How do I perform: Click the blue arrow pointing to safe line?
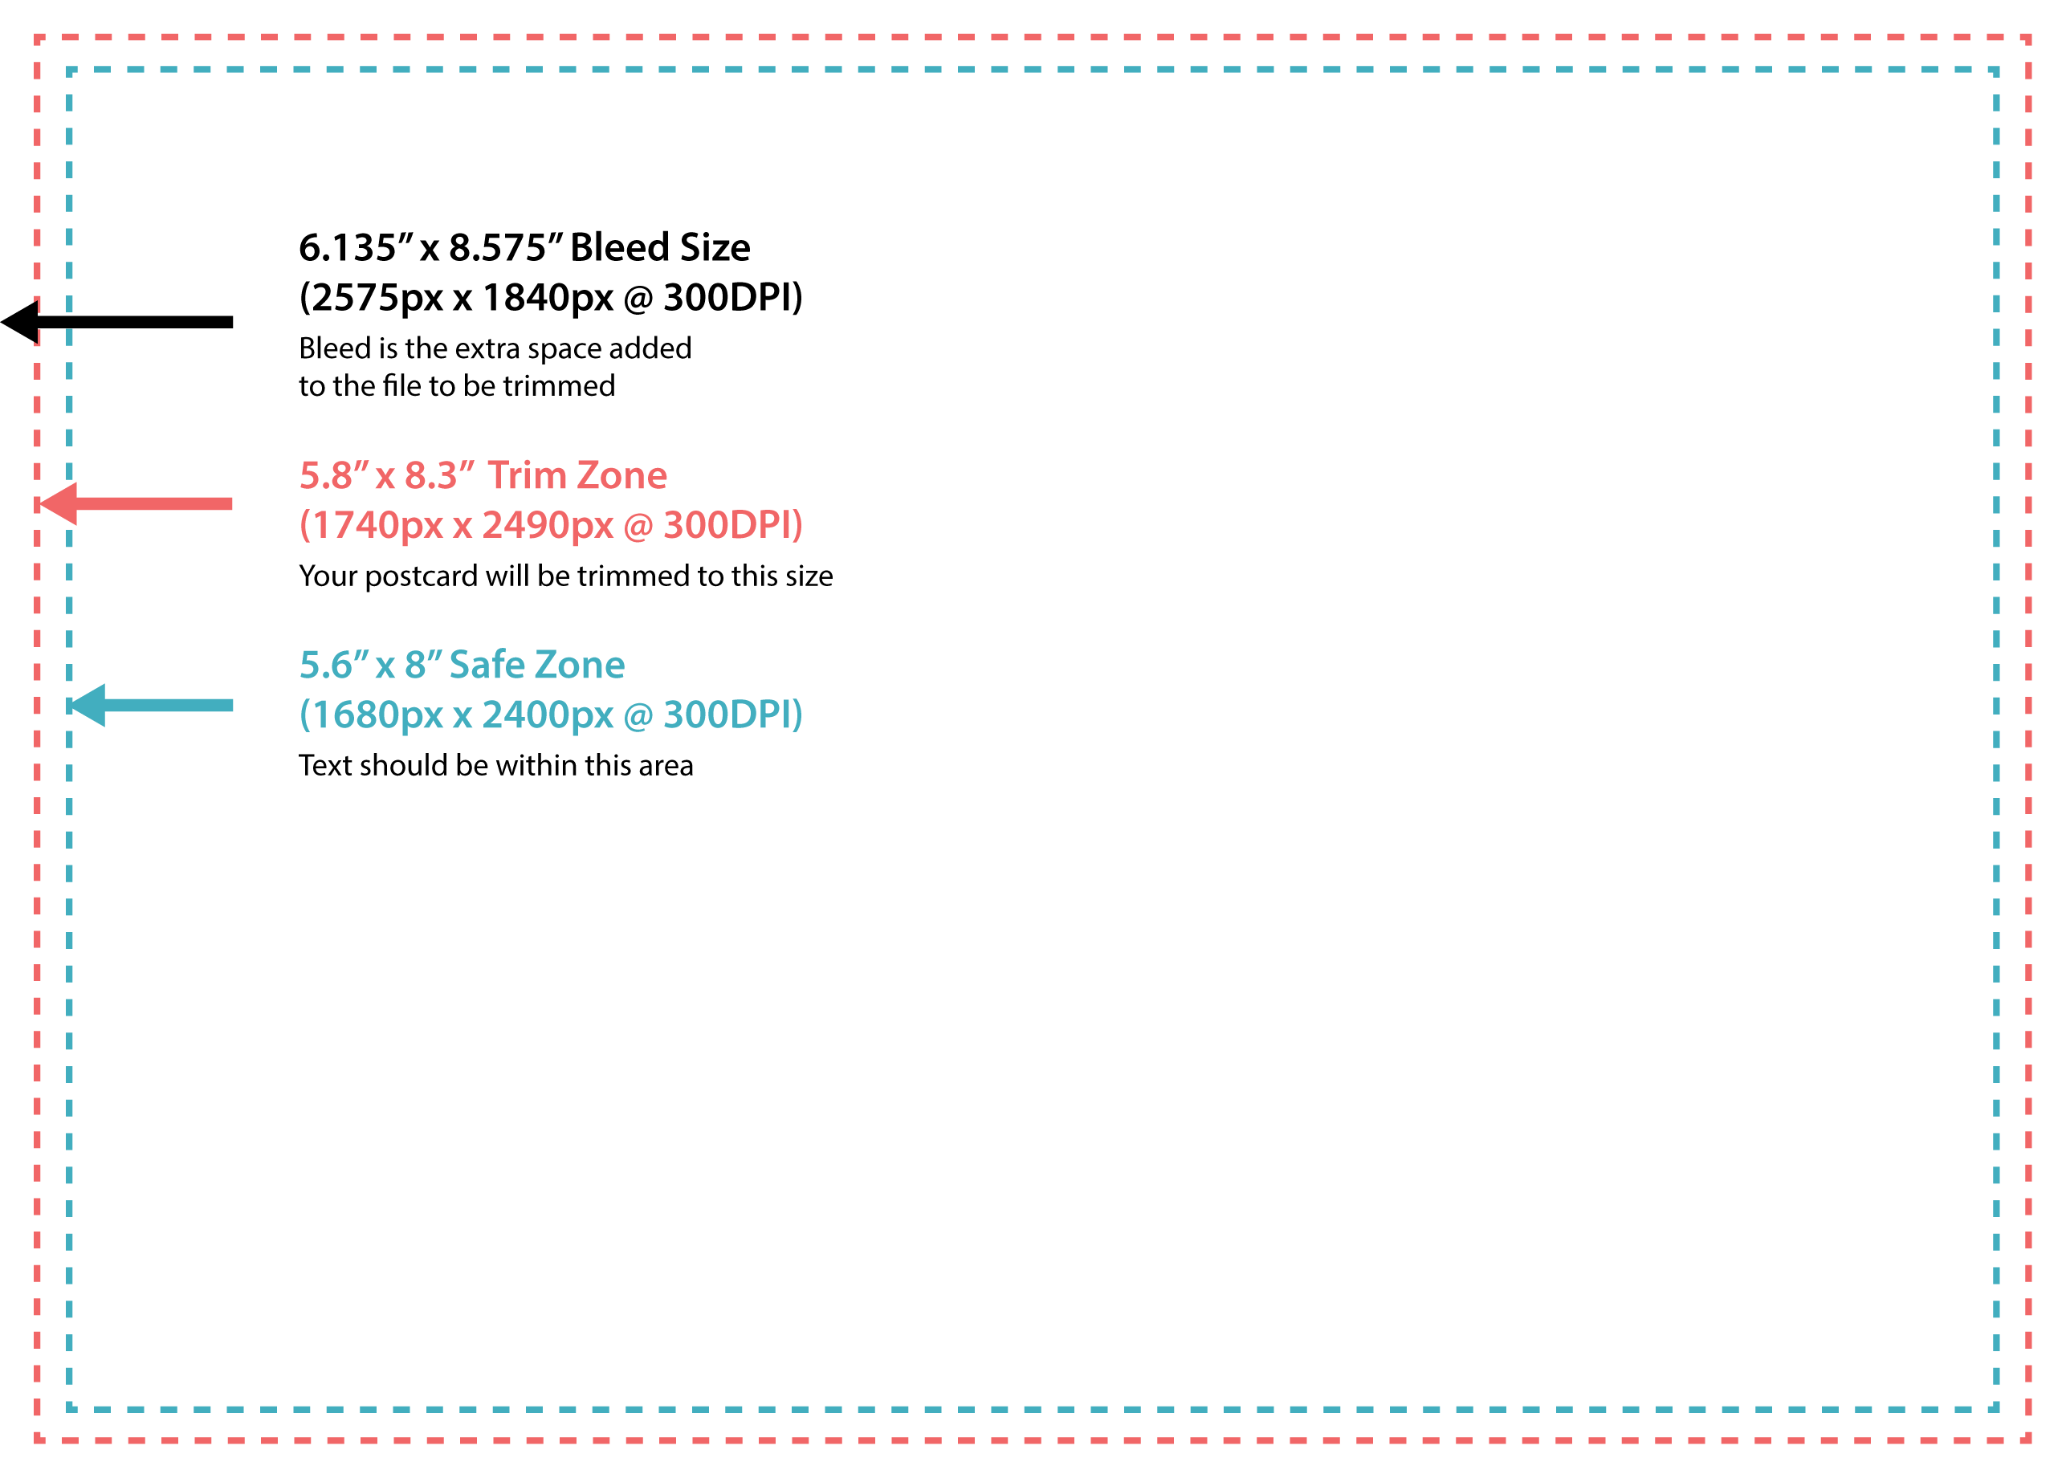point(151,706)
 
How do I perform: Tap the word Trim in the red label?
point(527,475)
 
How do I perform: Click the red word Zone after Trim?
point(621,475)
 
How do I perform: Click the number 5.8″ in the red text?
point(333,475)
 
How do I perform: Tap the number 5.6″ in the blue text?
point(333,665)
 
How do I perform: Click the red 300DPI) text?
point(732,525)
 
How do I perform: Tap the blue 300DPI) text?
point(732,715)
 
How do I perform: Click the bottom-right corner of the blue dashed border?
point(1996,1409)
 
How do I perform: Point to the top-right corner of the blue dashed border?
point(1996,70)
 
